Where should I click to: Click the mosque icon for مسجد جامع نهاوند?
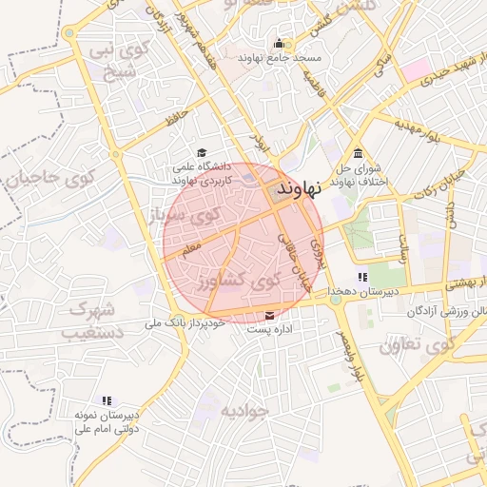279,43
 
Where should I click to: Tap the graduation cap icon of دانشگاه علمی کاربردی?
201,152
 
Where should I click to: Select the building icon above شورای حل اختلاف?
358,154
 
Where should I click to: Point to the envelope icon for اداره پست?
269,315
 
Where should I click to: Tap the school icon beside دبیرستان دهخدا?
361,278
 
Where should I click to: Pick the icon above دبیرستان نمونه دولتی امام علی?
107,401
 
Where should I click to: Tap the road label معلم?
190,248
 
